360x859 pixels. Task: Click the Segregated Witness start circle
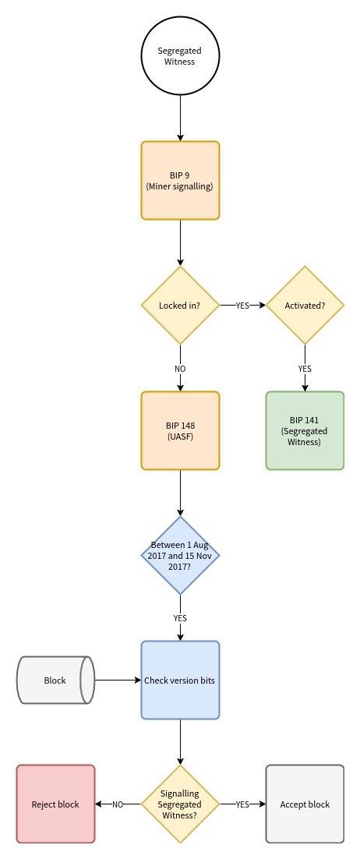(x=180, y=56)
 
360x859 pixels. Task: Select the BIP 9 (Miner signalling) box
(x=180, y=180)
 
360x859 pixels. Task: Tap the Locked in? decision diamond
(x=180, y=305)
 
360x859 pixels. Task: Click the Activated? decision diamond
(x=305, y=305)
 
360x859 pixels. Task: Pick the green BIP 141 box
(x=305, y=430)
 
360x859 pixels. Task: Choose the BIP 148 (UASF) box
(x=180, y=430)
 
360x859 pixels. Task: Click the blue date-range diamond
(x=180, y=555)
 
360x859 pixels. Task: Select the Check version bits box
(x=180, y=680)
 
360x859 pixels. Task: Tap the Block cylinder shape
(x=55, y=680)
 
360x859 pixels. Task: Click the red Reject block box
(x=55, y=804)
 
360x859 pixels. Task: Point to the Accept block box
(x=305, y=804)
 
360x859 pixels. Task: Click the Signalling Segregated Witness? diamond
(x=180, y=804)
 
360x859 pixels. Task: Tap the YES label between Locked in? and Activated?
(x=242, y=305)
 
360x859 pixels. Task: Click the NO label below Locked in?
(x=180, y=369)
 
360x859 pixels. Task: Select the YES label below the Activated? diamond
(x=305, y=369)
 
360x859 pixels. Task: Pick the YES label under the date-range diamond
(x=180, y=618)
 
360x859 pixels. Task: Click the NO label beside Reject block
(x=118, y=804)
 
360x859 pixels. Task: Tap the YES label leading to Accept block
(x=242, y=804)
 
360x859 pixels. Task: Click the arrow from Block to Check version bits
(x=118, y=680)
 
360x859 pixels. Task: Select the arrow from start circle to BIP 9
(x=180, y=118)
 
